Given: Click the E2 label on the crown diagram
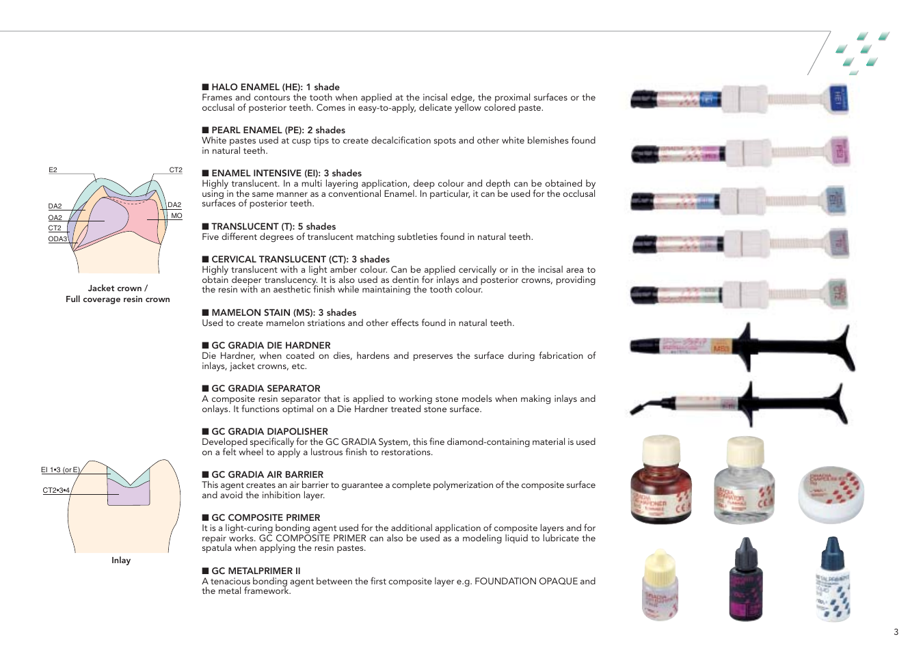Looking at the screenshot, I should coord(53,169).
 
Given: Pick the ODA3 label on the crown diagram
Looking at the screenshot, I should coord(57,239).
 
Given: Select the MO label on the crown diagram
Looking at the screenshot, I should coord(176,216).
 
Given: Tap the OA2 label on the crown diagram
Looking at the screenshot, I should coord(55,217).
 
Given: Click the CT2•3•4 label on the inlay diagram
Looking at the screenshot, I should coord(56,490).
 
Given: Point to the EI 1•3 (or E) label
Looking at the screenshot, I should coord(60,470).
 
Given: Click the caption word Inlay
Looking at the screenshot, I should coord(121,560).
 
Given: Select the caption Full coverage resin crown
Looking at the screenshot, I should coord(118,299).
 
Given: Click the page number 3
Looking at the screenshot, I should coord(896,632).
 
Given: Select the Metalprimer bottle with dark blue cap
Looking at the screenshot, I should coord(832,581).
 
